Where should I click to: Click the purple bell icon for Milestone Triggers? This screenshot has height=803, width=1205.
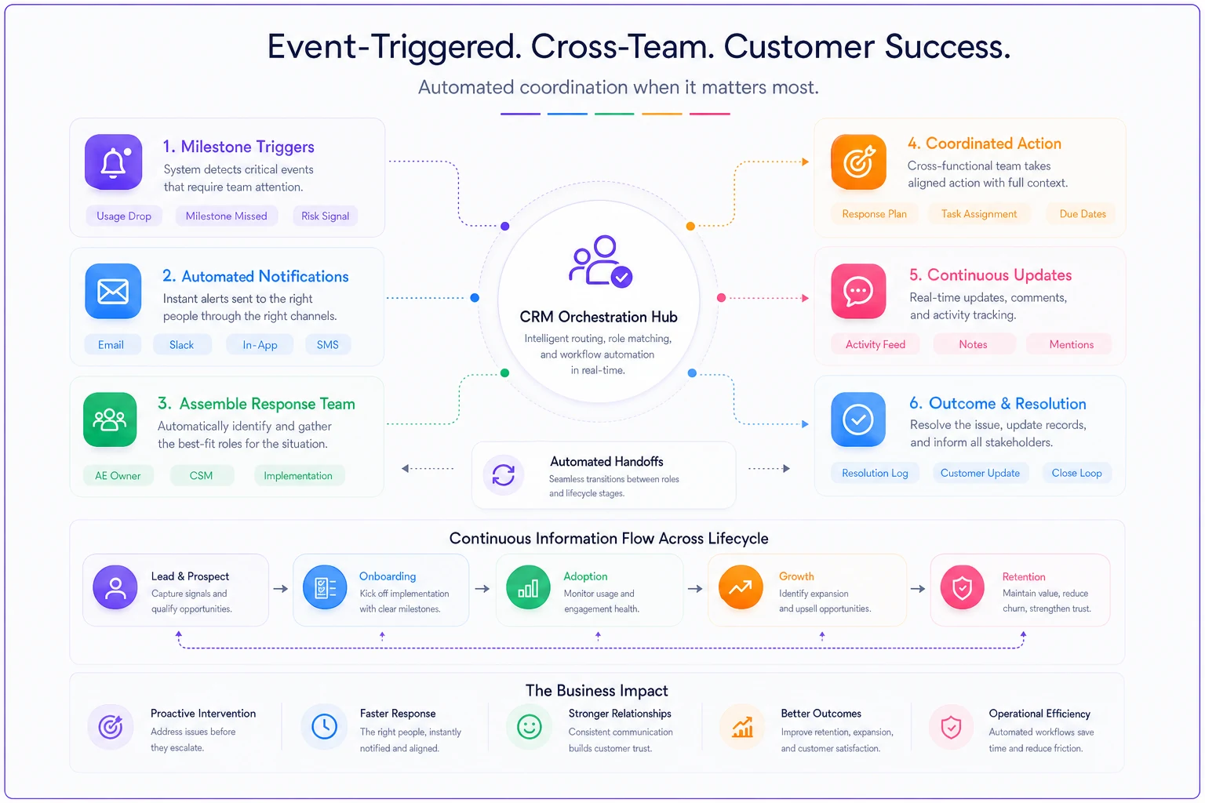114,162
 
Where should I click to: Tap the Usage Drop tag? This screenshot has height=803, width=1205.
124,216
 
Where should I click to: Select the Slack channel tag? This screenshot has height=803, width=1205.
182,345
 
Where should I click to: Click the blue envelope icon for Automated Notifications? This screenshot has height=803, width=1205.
113,292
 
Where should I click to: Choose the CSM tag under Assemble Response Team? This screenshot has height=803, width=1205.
201,475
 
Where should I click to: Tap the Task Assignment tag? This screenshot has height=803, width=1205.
979,213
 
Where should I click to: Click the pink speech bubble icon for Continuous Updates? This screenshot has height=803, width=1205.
858,291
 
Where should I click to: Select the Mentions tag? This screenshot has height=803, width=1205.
1071,344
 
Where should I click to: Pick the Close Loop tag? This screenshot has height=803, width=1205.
1076,473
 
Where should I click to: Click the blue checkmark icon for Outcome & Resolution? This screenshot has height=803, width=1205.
858,420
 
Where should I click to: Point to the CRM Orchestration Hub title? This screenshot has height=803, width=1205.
599,317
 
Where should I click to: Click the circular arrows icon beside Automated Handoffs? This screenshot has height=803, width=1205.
504,474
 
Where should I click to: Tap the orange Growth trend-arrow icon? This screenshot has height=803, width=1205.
741,587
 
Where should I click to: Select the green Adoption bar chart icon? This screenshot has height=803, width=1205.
528,587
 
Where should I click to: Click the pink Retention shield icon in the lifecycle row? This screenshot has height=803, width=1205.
963,587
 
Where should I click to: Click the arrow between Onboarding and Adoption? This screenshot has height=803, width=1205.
482,589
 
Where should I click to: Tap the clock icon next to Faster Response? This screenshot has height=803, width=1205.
324,727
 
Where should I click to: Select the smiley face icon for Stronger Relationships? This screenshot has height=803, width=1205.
530,727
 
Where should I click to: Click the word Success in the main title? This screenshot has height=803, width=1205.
948,46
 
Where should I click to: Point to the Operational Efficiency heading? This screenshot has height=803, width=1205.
1039,714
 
